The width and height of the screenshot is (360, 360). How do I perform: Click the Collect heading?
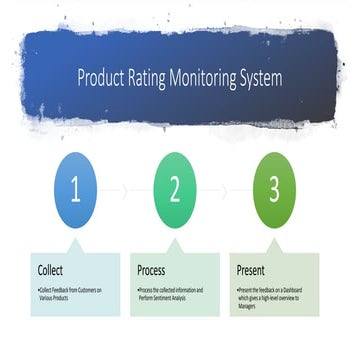51,269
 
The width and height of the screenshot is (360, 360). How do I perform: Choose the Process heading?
153,269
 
